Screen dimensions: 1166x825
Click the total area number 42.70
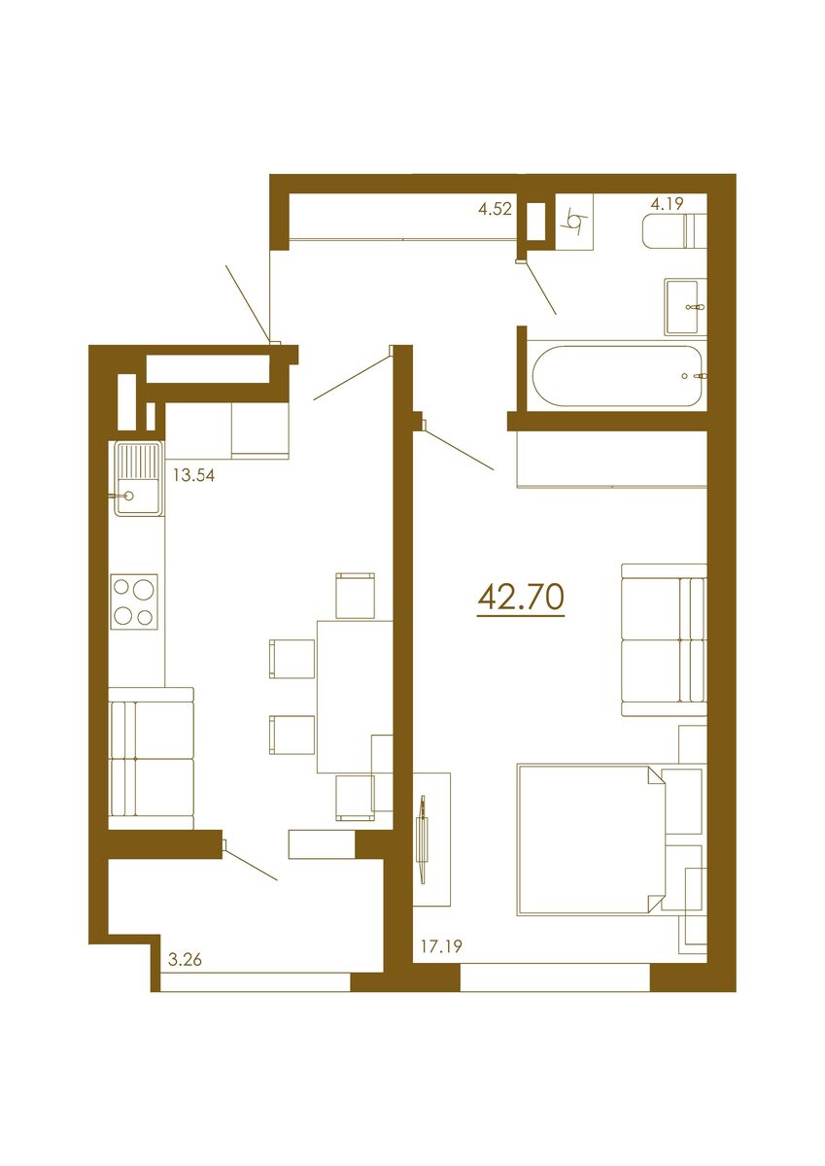[521, 597]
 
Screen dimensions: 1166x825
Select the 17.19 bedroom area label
[440, 944]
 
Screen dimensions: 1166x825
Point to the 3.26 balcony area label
[187, 961]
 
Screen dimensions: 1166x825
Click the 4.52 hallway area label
[495, 207]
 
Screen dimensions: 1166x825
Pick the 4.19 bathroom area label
[668, 204]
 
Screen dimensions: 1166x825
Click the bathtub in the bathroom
[616, 376]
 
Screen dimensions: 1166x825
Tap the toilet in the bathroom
[671, 231]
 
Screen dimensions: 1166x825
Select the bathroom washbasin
[686, 306]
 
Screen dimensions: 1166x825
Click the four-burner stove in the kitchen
[135, 600]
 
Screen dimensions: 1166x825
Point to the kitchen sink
[137, 477]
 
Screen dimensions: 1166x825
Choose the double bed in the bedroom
[587, 840]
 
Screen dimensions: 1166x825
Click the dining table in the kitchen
[355, 695]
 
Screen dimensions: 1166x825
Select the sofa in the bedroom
[663, 638]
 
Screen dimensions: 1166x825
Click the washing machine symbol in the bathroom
[575, 224]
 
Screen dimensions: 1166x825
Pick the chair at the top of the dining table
[355, 596]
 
